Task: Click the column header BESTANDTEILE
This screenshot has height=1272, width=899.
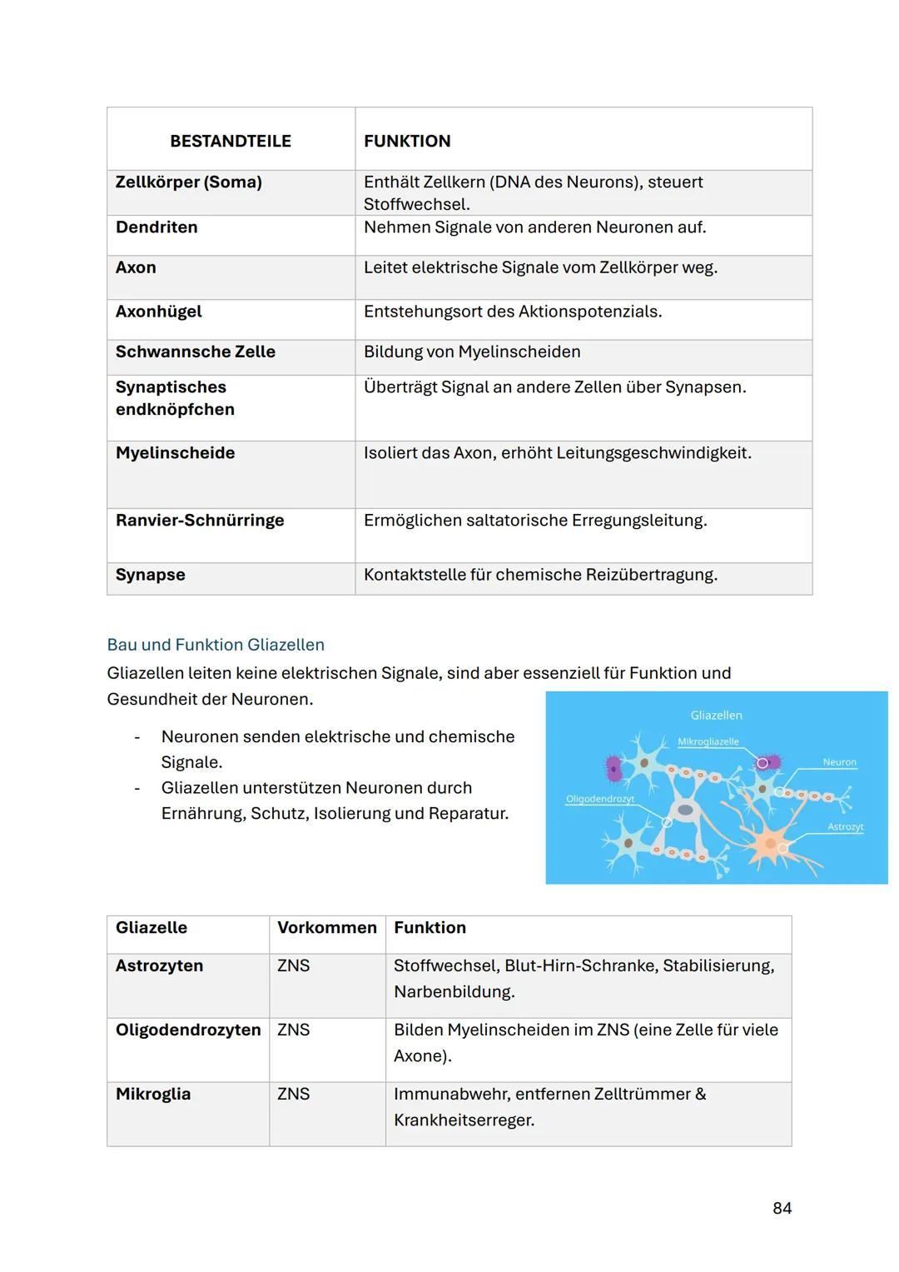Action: coord(231,141)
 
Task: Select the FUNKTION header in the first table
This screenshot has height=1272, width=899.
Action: coord(407,141)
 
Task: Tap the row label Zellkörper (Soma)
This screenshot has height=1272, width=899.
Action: coord(188,182)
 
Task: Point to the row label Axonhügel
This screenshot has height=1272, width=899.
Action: coord(158,312)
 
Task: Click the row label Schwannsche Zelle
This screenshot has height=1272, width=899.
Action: coord(195,352)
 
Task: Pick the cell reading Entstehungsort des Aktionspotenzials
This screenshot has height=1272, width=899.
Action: coord(513,312)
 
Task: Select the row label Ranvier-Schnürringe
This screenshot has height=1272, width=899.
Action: coord(200,520)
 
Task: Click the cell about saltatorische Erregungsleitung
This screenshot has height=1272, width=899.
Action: coord(535,520)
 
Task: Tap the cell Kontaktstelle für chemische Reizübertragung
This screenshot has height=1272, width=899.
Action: coord(540,575)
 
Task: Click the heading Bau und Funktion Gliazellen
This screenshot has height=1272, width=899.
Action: coord(216,645)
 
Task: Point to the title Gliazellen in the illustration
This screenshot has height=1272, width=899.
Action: coord(716,715)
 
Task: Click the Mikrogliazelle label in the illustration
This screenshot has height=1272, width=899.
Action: coord(708,741)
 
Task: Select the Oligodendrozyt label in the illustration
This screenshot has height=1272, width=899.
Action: coord(600,799)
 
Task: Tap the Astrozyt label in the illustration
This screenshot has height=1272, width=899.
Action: coord(845,826)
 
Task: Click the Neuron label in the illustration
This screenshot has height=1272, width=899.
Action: coord(839,762)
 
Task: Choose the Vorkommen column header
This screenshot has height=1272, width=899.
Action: coord(326,927)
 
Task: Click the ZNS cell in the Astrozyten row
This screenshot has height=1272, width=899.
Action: coord(293,965)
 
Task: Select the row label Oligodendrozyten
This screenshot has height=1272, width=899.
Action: coord(188,1030)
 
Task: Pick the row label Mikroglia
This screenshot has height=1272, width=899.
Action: coord(153,1094)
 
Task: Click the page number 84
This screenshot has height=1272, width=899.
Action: coord(782,1208)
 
